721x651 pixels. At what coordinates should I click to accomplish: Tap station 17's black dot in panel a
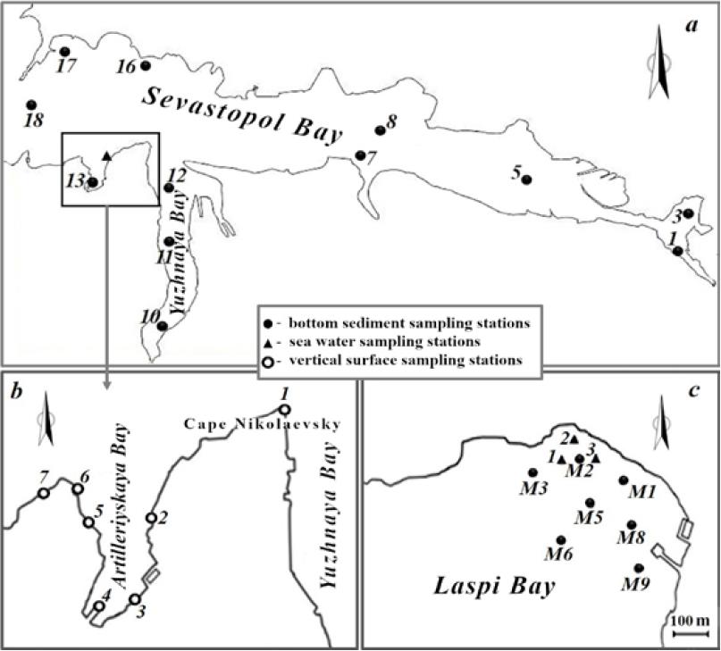pos(65,51)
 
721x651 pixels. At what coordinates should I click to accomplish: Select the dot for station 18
pos(31,104)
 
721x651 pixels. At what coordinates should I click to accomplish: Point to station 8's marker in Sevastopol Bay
pos(380,130)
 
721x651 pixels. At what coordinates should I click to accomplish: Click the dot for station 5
pos(527,179)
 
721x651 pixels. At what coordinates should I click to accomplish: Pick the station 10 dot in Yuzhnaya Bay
pos(162,326)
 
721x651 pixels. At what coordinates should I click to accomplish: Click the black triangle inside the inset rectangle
pos(106,156)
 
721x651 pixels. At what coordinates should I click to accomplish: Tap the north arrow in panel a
pos(659,62)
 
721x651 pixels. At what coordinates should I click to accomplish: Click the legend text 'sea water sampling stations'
pos(385,342)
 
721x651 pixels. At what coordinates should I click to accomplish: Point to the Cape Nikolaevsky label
pos(263,424)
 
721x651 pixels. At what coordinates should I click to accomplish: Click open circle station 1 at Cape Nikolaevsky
pos(285,409)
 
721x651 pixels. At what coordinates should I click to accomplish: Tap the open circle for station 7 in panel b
pos(43,493)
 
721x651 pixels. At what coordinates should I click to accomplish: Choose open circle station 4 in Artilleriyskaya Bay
pos(98,605)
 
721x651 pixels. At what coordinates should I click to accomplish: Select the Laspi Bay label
pos(494,588)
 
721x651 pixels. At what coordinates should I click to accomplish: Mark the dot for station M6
pos(561,540)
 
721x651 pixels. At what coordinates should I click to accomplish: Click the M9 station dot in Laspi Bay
pos(639,568)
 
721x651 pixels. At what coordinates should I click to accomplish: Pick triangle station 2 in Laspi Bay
pos(574,439)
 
